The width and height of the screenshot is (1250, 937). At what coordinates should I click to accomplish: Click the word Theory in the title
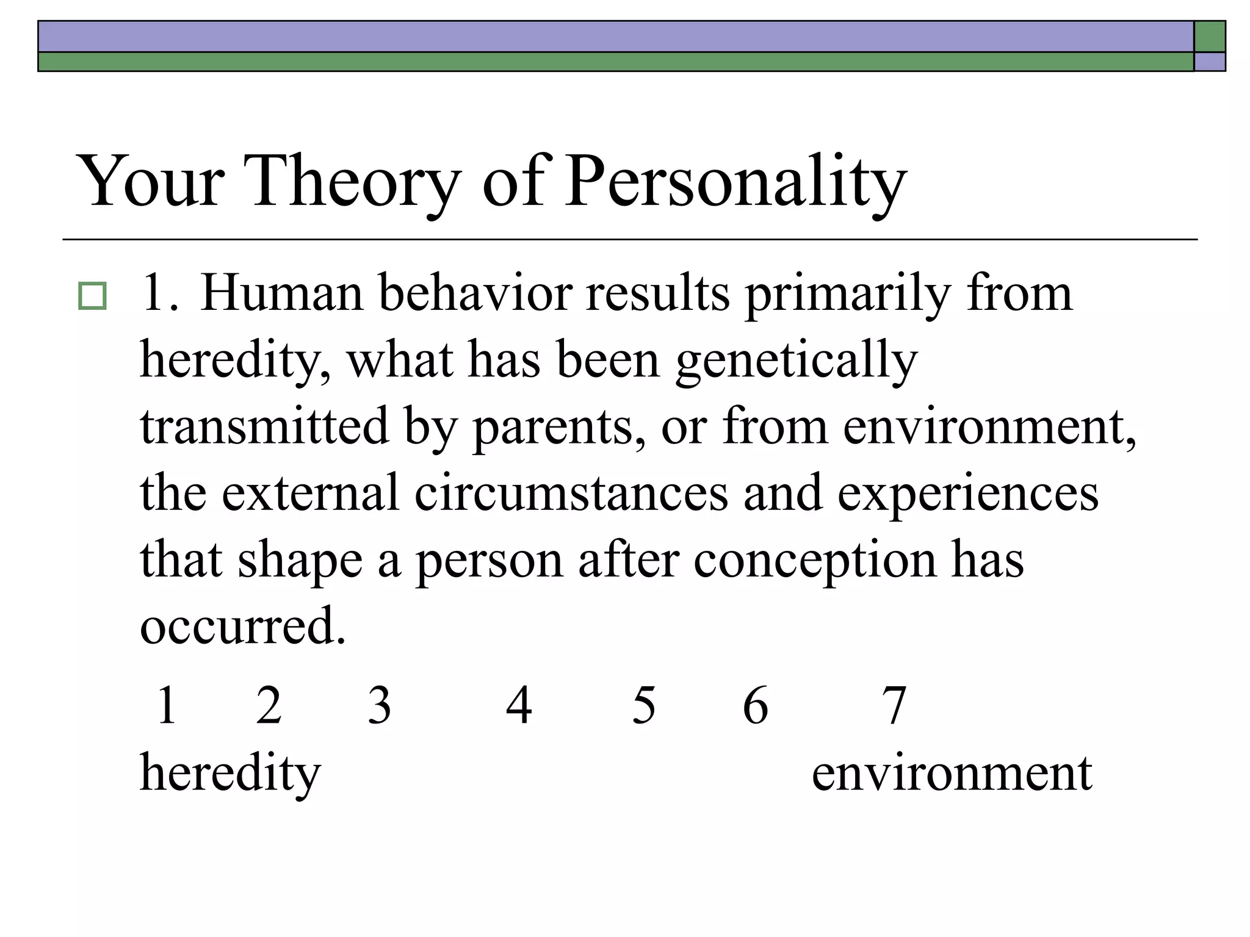tap(354, 182)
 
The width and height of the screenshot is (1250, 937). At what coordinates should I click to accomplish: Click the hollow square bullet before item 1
tap(92, 296)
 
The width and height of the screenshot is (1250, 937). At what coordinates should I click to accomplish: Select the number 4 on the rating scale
tap(519, 705)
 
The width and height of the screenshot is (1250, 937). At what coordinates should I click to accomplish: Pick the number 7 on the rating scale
tap(894, 705)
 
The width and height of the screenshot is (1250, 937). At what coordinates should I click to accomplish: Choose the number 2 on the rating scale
tap(269, 705)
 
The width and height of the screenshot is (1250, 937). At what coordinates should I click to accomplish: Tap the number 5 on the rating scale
tap(644, 705)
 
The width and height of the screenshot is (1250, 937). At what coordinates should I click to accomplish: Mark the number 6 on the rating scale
tap(756, 705)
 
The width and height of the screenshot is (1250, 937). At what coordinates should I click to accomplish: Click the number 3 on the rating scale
tap(379, 705)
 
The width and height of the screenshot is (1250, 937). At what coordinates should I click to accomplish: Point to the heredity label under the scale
tap(230, 774)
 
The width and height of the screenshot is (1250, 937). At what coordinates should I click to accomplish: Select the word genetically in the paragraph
tap(797, 361)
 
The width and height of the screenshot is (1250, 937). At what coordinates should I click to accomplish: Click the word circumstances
tap(571, 493)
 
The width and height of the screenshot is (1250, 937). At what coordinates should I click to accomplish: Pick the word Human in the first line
tap(281, 294)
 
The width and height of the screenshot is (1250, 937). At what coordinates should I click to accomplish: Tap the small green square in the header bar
tap(1210, 37)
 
